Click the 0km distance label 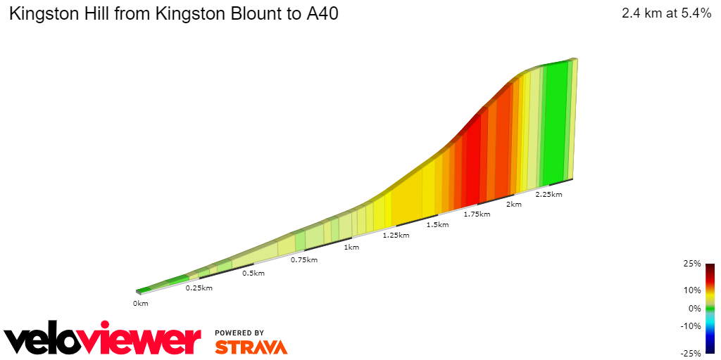[140, 303]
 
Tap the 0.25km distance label [199, 288]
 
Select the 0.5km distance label [253, 273]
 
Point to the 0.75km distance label [303, 259]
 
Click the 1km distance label [351, 247]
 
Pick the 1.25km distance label [396, 235]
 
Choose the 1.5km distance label [437, 224]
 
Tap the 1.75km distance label [477, 214]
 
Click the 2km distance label [514, 204]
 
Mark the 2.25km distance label [548, 194]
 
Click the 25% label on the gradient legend [692, 264]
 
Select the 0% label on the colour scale [694, 308]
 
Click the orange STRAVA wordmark [251, 347]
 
